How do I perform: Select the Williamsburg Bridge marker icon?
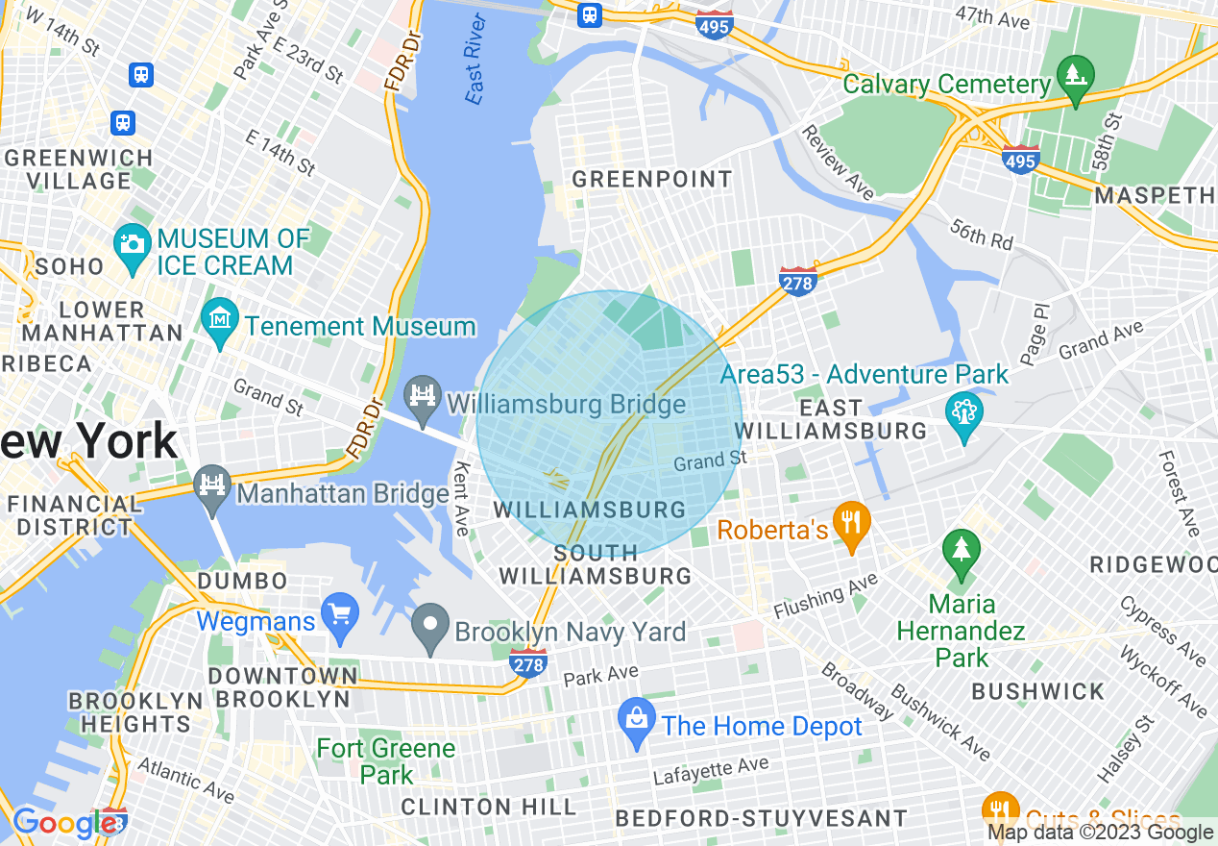click(x=422, y=395)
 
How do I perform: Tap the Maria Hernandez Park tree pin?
click(x=961, y=551)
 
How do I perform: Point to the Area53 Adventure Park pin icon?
click(x=964, y=413)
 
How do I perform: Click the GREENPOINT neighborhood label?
click(x=652, y=180)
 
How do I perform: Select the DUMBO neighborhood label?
click(x=242, y=582)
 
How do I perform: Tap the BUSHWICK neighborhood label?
click(x=1037, y=692)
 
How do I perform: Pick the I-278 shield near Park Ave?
click(x=529, y=662)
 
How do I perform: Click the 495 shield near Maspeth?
click(x=1019, y=160)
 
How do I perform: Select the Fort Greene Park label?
click(x=386, y=760)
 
